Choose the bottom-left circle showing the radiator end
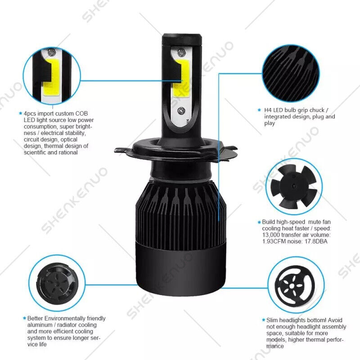(x=56, y=283)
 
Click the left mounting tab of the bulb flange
(x=123, y=149)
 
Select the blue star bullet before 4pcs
(x=20, y=114)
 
